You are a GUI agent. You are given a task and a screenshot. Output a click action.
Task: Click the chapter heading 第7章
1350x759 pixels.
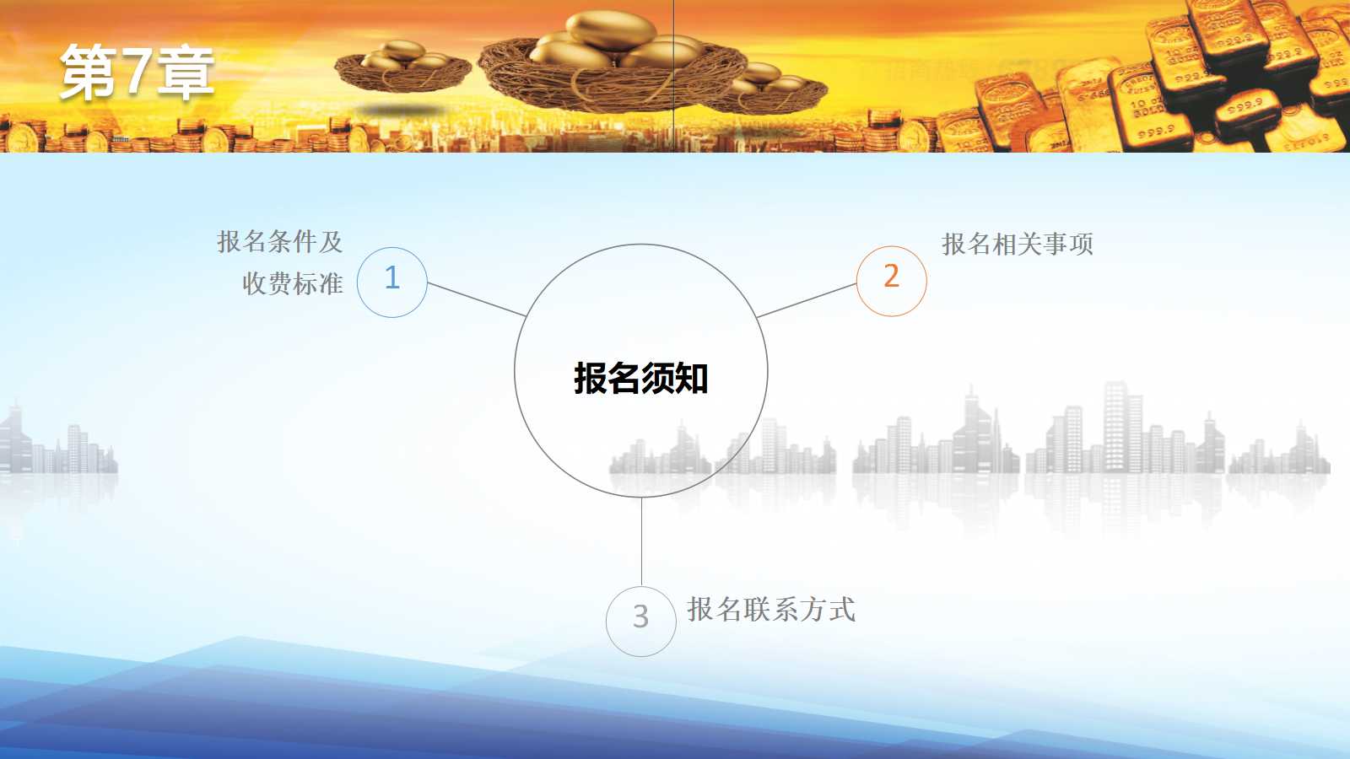click(137, 72)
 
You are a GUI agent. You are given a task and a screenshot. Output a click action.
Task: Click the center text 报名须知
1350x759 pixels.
click(640, 379)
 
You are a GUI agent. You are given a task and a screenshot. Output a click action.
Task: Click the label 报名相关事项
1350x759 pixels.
click(1018, 244)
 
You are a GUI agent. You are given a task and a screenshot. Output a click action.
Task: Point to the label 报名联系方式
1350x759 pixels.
click(771, 609)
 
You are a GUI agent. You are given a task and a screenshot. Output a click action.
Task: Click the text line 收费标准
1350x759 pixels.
click(293, 283)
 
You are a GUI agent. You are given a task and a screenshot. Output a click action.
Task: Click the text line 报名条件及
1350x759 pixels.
click(279, 241)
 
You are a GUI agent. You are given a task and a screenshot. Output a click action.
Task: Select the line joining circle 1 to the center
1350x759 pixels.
click(477, 299)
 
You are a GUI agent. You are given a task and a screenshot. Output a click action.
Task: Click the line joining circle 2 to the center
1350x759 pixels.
click(807, 300)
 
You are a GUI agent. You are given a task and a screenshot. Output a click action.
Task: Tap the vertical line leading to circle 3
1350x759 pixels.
click(641, 541)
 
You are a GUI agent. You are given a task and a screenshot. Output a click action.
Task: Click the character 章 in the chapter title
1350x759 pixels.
click(186, 73)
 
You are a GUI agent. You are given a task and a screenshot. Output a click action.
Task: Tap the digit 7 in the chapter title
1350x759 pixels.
click(135, 72)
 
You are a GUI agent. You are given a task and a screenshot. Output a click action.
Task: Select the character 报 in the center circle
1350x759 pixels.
click(590, 379)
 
